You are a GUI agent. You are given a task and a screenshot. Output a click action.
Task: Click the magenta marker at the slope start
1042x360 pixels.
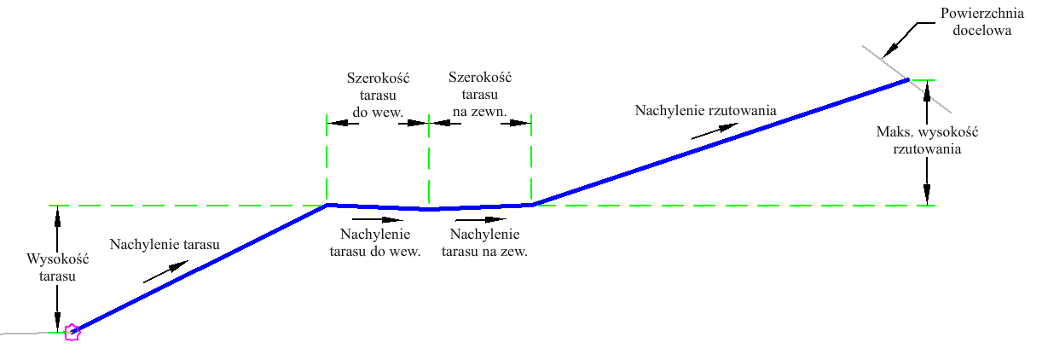(72, 332)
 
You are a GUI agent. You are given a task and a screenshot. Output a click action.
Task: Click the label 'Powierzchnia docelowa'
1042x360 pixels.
(975, 23)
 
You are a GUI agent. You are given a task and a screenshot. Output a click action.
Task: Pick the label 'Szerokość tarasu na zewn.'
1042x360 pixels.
(479, 95)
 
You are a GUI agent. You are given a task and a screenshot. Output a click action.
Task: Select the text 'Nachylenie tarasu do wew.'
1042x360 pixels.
(376, 243)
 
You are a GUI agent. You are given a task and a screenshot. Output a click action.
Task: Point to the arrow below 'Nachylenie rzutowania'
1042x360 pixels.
(714, 130)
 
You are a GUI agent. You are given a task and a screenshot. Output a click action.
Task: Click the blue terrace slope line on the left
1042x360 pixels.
(200, 269)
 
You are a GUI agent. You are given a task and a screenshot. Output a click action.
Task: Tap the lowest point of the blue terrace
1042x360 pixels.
(430, 208)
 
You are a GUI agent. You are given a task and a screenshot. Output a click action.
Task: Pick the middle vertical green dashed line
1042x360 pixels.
(429, 162)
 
